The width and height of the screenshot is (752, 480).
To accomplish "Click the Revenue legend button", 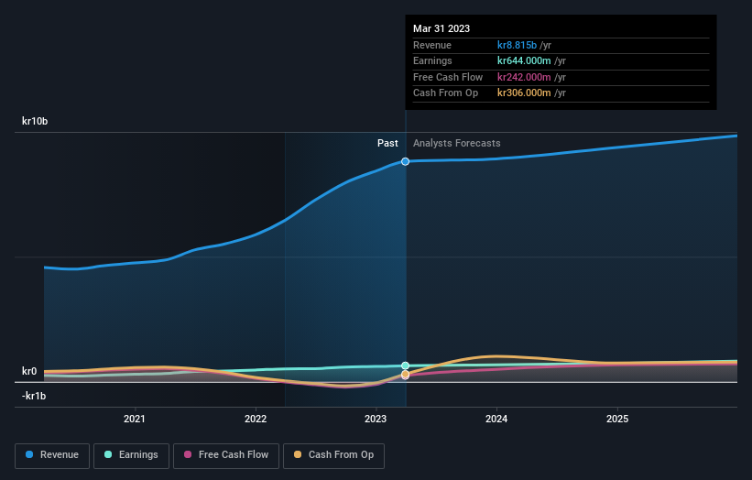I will point(53,454).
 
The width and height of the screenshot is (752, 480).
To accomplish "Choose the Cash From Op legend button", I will point(334,454).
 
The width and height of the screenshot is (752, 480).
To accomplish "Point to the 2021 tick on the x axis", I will point(135,419).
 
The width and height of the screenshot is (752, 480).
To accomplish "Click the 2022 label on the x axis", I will point(256,419).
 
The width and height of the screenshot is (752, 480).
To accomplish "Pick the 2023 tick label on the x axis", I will point(376,419).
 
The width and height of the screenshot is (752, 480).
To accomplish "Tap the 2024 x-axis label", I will point(496,419).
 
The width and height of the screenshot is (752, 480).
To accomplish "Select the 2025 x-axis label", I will point(617,419).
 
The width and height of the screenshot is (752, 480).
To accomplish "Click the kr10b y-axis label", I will point(36,121).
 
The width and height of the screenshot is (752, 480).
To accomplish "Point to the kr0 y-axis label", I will point(30,372).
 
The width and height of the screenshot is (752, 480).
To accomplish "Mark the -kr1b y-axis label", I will point(34,396).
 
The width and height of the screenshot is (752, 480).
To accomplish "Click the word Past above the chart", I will point(387,143).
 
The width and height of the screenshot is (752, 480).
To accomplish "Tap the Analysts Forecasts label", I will point(457,143).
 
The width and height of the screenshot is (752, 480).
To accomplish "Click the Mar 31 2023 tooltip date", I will point(441,28).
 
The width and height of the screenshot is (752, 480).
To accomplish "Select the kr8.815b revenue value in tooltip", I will point(517,45).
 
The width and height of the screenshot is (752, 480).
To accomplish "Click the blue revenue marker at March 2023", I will point(405,161).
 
